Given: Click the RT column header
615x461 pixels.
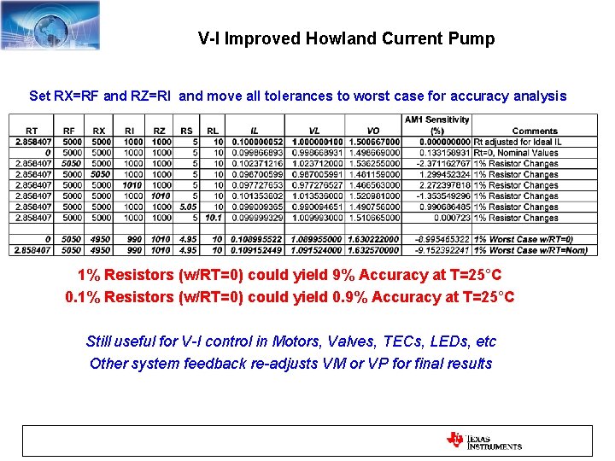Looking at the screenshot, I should tap(31, 131).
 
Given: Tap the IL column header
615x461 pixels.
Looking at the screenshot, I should tap(255, 131).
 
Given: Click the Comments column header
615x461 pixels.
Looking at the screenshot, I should tap(536, 131).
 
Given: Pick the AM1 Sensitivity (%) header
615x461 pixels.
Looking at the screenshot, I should tap(437, 125).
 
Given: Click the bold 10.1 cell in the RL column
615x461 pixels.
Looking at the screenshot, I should tap(213, 218).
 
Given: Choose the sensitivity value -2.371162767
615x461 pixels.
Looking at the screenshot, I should tap(437, 163).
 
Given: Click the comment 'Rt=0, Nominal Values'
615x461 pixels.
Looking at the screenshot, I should tap(517, 153).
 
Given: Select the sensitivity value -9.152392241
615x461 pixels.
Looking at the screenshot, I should tap(437, 250).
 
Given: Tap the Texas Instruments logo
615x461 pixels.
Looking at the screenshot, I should tap(483, 441).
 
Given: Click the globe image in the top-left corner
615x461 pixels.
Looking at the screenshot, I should tap(50, 25).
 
